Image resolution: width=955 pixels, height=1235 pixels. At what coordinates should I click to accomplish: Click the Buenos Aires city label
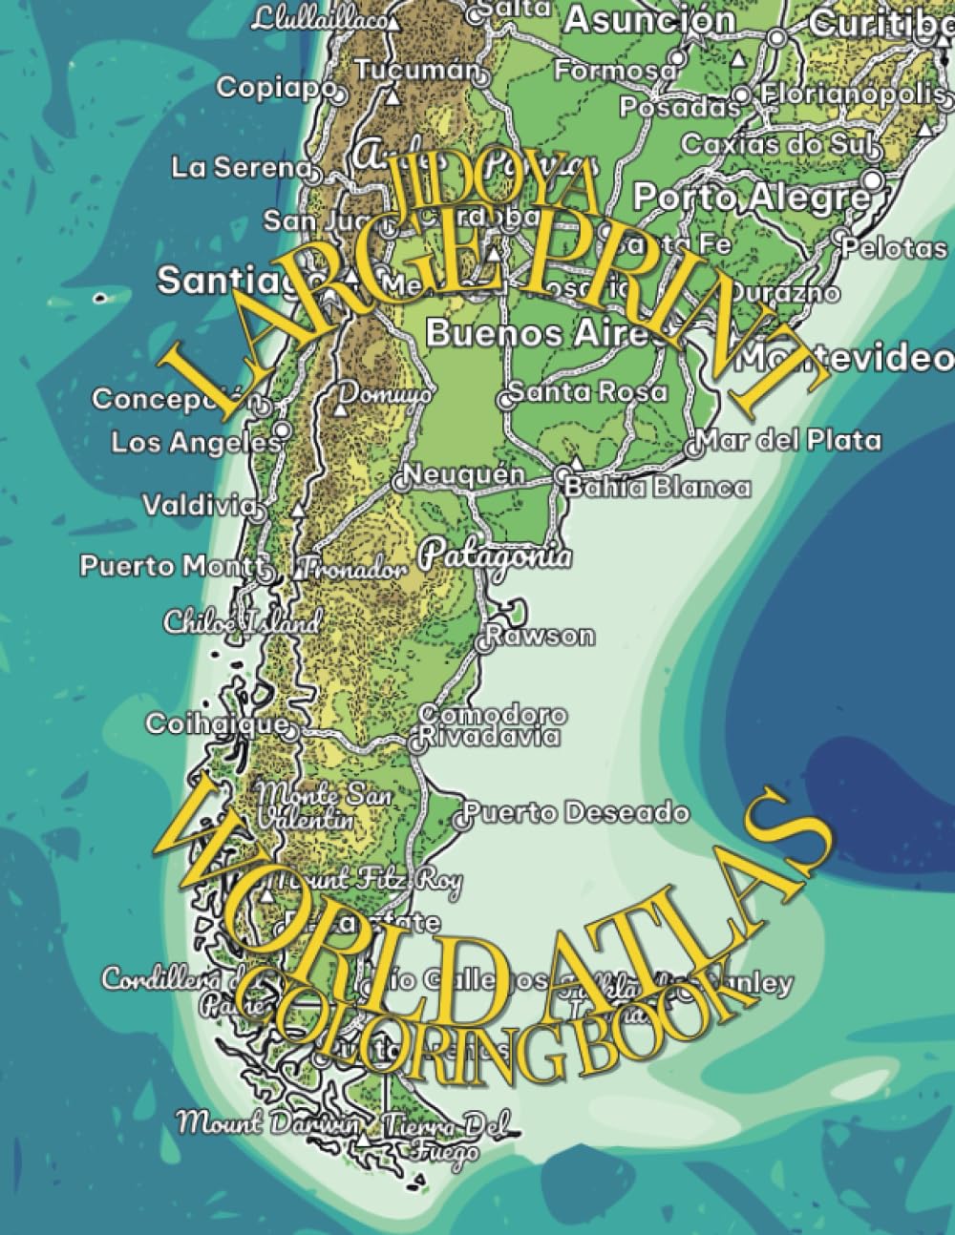pyautogui.click(x=507, y=334)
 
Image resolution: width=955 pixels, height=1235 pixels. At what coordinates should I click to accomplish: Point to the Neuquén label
pyautogui.click(x=464, y=474)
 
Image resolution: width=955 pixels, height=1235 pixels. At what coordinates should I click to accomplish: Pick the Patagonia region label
pyautogui.click(x=498, y=555)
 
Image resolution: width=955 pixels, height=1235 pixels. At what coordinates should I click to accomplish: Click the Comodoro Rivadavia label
pyautogui.click(x=491, y=725)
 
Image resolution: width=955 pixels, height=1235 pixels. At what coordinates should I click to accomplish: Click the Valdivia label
pyautogui.click(x=199, y=505)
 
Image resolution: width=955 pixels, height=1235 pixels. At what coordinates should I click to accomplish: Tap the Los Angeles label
pyautogui.click(x=195, y=443)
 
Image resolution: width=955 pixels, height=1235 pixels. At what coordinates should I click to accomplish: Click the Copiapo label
pyautogui.click(x=275, y=88)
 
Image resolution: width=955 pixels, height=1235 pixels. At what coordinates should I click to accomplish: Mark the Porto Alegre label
pyautogui.click(x=752, y=198)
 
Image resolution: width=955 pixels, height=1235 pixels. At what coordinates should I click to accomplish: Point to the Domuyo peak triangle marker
pyautogui.click(x=340, y=410)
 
